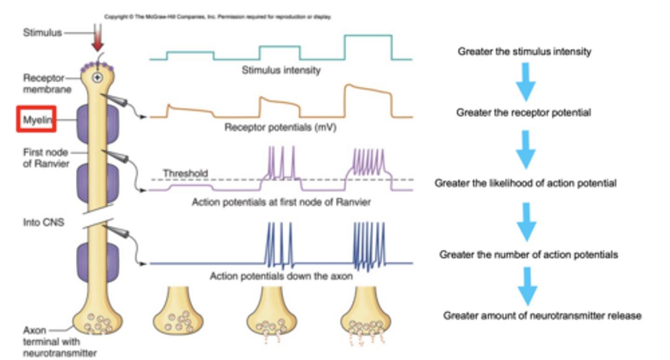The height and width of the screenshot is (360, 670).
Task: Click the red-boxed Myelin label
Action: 36,120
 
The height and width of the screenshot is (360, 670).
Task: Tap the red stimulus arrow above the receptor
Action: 97,43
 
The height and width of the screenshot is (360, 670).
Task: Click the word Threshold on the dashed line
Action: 185,173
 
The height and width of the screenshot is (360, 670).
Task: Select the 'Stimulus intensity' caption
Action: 281,71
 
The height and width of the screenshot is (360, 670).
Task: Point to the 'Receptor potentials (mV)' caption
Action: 280,127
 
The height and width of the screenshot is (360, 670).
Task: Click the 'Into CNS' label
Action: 44,223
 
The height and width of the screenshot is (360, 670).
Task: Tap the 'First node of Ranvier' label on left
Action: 45,158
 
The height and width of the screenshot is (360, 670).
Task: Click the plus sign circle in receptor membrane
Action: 97,78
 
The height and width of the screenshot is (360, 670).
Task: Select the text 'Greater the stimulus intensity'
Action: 524,52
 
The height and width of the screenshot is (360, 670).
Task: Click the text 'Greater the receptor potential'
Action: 523,113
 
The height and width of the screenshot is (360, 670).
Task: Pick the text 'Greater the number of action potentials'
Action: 529,254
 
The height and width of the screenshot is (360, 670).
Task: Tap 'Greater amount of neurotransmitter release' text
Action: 542,316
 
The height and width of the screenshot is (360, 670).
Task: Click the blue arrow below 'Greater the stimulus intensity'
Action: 526,82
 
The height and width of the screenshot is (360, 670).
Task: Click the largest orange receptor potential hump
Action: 368,100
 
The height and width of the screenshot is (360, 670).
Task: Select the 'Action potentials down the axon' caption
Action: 281,276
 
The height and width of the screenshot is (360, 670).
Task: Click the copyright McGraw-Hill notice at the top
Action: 218,17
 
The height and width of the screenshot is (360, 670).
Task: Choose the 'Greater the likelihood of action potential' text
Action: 525,183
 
